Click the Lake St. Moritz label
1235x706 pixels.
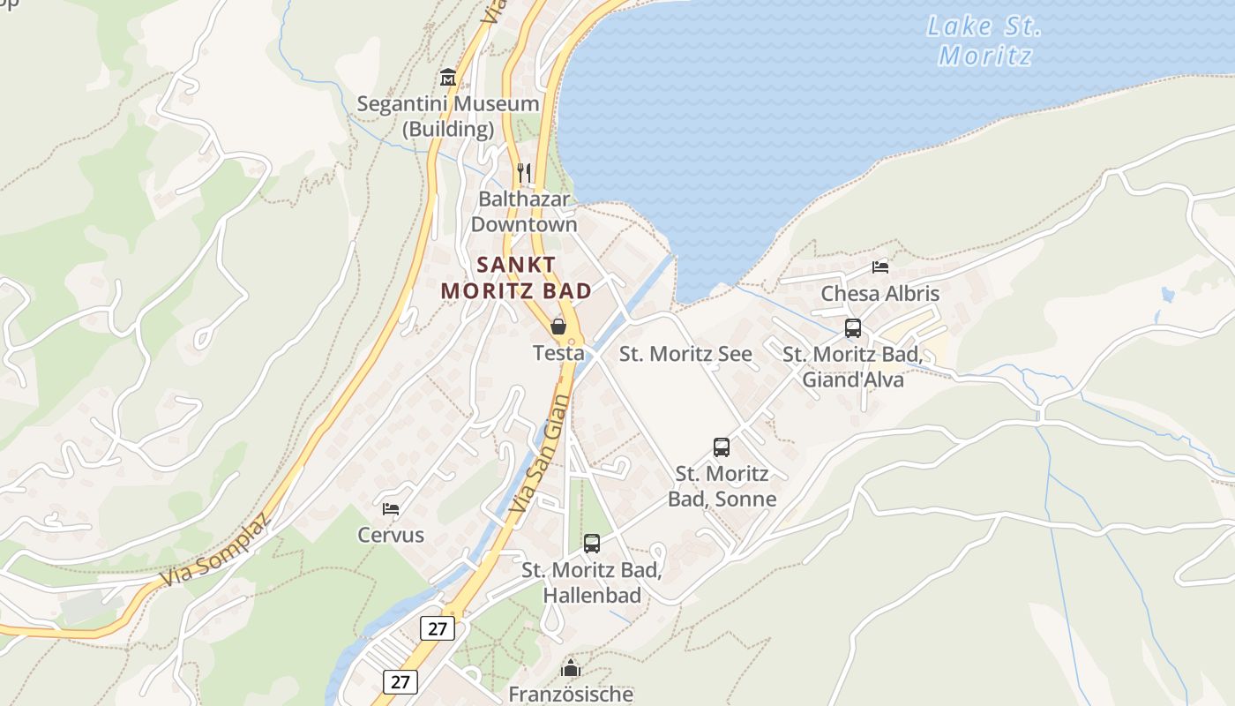point(984,41)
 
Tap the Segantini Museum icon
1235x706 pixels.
point(447,78)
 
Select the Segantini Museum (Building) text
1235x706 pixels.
point(447,116)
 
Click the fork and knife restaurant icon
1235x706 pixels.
point(524,171)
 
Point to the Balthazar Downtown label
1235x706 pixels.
point(524,212)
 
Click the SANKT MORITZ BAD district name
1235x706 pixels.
point(516,277)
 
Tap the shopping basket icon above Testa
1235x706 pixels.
point(558,327)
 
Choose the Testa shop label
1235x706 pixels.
point(558,353)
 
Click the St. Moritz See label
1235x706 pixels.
point(685,355)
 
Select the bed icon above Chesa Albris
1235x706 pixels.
point(879,267)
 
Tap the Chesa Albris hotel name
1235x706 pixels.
point(879,294)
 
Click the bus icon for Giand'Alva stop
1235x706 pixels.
point(853,328)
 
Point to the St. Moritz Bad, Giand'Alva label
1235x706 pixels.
point(852,367)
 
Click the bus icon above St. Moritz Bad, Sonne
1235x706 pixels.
point(722,447)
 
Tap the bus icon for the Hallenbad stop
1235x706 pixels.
point(592,544)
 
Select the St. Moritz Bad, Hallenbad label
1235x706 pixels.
point(592,582)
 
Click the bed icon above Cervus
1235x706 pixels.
point(391,508)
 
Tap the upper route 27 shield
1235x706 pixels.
point(438,628)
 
